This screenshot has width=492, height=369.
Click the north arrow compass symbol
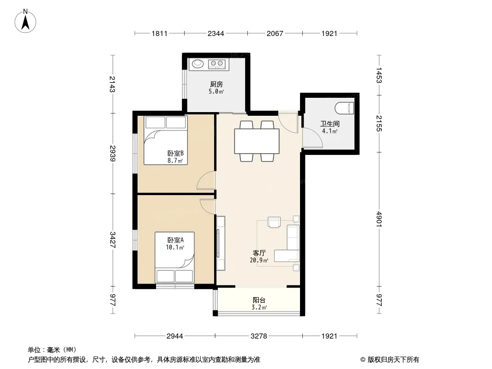pyautogui.click(x=25, y=21)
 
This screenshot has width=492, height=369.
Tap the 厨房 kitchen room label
pyautogui.click(x=216, y=84)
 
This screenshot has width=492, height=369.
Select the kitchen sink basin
pyautogui.click(x=198, y=64)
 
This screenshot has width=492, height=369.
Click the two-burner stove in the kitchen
pyautogui.click(x=216, y=64)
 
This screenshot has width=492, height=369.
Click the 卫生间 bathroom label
pyautogui.click(x=330, y=124)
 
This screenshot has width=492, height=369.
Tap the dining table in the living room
pyautogui.click(x=257, y=141)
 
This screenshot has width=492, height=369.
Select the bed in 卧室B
pyautogui.click(x=166, y=141)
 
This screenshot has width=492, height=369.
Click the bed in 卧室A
pyautogui.click(x=175, y=258)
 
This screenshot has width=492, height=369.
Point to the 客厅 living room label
pyautogui.click(x=259, y=253)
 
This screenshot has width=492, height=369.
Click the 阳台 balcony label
pyautogui.click(x=259, y=300)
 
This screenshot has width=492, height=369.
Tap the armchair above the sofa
pyautogui.click(x=274, y=222)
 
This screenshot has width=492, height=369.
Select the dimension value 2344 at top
pyautogui.click(x=216, y=34)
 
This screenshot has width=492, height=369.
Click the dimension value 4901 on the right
pyautogui.click(x=379, y=219)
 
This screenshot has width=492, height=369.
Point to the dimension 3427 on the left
pyautogui.click(x=113, y=240)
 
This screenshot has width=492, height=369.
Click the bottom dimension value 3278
pyautogui.click(x=259, y=336)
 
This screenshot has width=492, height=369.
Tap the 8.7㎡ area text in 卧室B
pyautogui.click(x=175, y=161)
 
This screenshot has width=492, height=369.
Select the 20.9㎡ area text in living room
pyautogui.click(x=259, y=260)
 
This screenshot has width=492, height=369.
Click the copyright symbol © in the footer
pyautogui.click(x=363, y=360)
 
